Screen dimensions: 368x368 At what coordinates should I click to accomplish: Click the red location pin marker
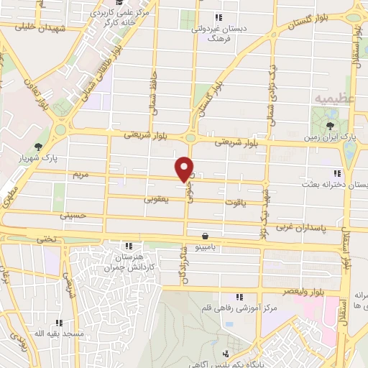[185, 168]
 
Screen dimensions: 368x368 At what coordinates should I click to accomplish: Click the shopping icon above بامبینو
[206, 235]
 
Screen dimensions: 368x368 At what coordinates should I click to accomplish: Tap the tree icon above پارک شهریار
[48, 147]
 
